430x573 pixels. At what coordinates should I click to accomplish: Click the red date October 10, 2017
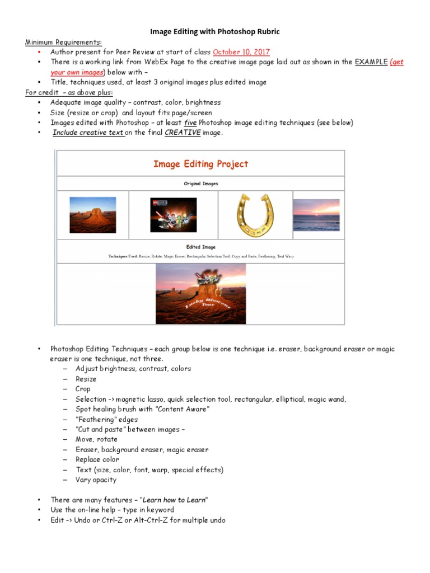point(241,52)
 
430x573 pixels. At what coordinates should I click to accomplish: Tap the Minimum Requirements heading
point(63,42)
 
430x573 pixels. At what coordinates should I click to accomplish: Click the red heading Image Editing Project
point(200,164)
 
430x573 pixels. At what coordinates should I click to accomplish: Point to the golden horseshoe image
point(254,214)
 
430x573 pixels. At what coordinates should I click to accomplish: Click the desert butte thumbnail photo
point(92,215)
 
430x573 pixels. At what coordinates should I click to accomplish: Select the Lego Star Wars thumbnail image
point(174,214)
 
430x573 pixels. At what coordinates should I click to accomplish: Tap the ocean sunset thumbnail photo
point(316,215)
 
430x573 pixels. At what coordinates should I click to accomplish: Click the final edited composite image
point(200,294)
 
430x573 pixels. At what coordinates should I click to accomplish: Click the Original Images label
point(200,184)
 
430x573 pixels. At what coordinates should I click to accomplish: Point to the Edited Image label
point(200,247)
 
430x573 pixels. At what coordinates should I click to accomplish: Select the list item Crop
point(83,389)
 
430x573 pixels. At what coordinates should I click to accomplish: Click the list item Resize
point(86,379)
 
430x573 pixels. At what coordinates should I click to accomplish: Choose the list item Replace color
point(97,459)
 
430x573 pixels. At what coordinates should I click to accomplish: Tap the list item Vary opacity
point(96,480)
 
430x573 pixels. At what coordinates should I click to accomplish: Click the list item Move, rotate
point(96,439)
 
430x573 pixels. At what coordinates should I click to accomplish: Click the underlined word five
point(190,123)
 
